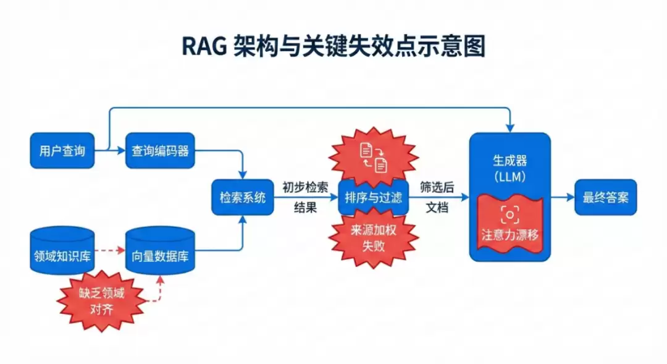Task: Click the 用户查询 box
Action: click(62, 150)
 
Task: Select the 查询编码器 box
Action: click(160, 150)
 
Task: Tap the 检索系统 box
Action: click(242, 198)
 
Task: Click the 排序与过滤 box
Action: click(374, 198)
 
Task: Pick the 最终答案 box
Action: click(605, 198)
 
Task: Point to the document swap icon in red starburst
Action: click(374, 156)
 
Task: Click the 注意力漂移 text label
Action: click(510, 235)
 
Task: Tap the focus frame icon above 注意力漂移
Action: click(510, 214)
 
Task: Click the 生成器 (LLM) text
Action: click(510, 168)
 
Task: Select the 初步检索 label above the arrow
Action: click(305, 187)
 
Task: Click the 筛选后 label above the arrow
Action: click(437, 187)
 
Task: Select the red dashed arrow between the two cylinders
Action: click(110, 252)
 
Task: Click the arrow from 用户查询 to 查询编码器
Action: click(110, 150)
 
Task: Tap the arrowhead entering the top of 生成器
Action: click(510, 127)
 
